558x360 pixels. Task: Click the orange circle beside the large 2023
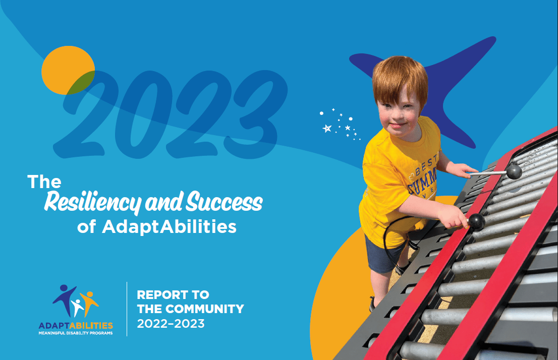tap(68, 70)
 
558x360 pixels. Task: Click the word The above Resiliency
tap(44, 182)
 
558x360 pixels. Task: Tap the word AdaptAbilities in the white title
tap(169, 227)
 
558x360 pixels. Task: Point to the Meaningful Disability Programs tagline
tap(76, 333)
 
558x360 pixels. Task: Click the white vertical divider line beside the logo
tap(127, 309)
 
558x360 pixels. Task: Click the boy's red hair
tap(399, 76)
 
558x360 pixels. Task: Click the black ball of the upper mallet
tap(514, 172)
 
